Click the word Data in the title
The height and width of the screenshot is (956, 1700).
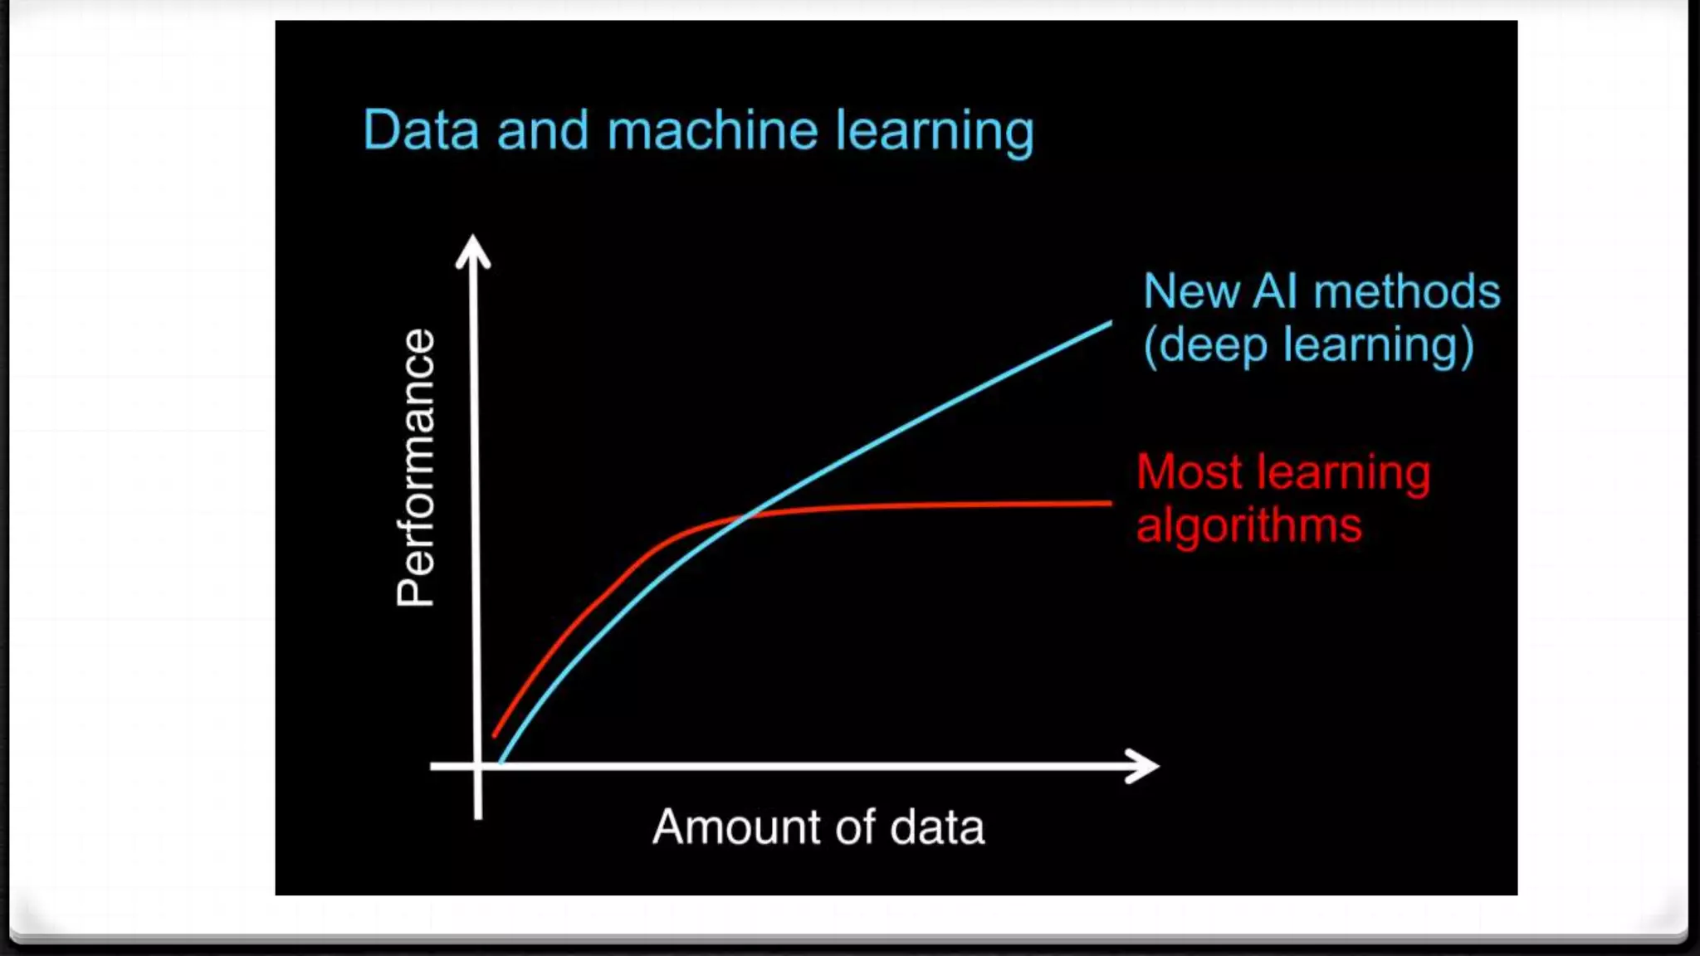pos(421,131)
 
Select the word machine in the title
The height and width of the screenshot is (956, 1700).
pos(712,131)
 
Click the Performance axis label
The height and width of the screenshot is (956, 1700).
pos(416,468)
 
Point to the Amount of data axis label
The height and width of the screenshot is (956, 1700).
pos(818,827)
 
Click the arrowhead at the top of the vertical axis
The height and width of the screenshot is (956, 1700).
pos(473,251)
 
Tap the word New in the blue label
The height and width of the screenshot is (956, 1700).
pos(1191,292)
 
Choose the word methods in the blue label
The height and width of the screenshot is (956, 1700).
pos(1407,292)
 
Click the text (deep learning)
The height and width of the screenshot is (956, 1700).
pos(1308,345)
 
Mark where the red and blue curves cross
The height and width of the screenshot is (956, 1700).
pos(745,516)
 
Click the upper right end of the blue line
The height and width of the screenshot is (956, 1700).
pos(1110,324)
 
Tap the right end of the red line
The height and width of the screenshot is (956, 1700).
pos(1110,503)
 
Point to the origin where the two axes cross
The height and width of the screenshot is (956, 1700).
pos(477,766)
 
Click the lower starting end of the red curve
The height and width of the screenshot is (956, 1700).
pos(495,735)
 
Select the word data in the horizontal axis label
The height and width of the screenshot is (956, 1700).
pos(937,827)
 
